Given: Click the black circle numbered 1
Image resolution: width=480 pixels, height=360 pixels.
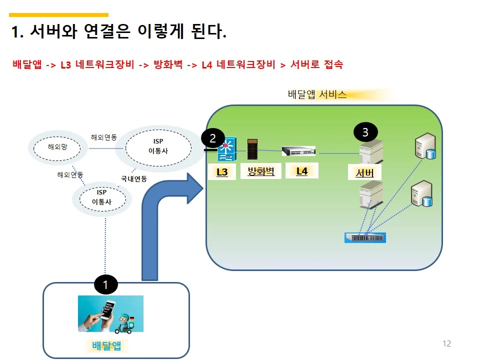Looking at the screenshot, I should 105,285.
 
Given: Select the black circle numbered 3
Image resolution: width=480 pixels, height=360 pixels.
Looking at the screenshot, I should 365,132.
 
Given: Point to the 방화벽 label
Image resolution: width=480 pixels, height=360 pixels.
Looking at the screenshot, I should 261,172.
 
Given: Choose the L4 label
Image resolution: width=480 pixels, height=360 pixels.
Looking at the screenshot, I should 301,171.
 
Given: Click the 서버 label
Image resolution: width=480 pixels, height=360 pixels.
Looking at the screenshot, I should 364,173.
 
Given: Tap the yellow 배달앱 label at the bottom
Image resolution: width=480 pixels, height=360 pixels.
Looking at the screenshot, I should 106,345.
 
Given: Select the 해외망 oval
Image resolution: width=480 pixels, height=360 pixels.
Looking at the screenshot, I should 56,147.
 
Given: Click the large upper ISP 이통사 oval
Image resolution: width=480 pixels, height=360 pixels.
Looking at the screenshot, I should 158,145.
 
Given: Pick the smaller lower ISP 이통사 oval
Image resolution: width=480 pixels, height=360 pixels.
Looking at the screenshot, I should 101,197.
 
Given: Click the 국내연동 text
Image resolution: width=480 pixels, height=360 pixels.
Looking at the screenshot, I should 133,178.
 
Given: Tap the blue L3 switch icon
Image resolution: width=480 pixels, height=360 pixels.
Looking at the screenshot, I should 226,149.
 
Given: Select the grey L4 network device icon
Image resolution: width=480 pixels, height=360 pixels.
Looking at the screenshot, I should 298,150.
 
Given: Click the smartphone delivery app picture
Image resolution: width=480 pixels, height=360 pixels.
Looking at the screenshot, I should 110,313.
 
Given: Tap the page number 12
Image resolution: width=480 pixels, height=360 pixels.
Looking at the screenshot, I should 446,343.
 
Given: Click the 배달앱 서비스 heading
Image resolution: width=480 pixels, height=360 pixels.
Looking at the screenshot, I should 317,94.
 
